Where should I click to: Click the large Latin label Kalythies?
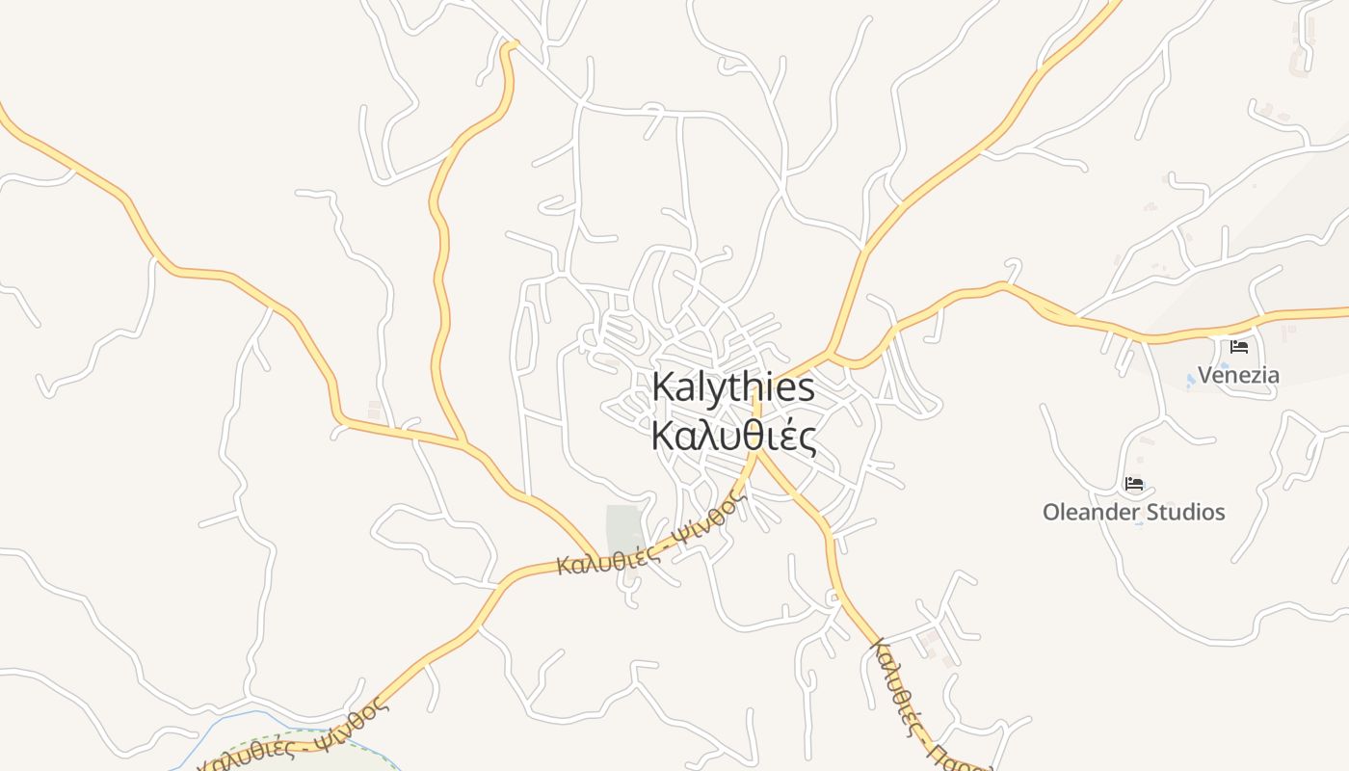point(733,387)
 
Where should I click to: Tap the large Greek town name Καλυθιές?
point(733,436)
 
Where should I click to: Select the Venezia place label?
point(1238,375)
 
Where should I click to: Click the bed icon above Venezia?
point(1239,347)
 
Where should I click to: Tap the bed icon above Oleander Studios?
point(1134,484)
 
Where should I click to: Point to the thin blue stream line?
point(222,723)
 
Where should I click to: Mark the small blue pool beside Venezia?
point(1191,381)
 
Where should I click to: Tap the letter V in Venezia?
point(1205,375)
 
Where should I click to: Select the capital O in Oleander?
point(1052,512)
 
